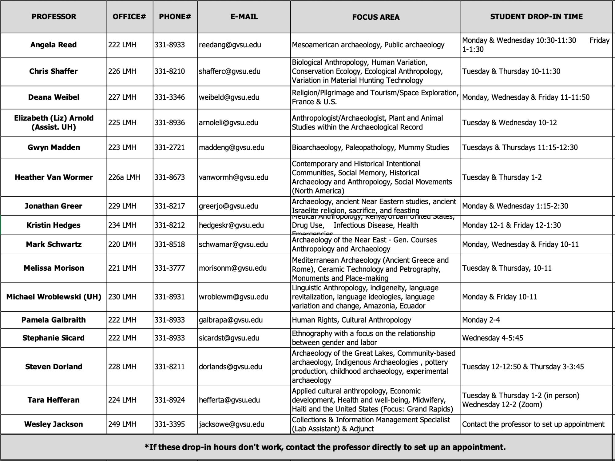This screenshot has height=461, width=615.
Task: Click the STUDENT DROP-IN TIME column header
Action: [x=536, y=17]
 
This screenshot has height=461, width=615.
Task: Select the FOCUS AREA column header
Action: [x=375, y=17]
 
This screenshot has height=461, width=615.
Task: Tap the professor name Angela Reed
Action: [x=54, y=45]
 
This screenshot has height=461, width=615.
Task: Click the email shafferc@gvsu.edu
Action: [x=229, y=71]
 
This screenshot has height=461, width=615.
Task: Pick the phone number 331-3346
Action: [x=169, y=97]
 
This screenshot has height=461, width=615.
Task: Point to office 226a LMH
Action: [x=124, y=177]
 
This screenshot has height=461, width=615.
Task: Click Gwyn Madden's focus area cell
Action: [x=370, y=148]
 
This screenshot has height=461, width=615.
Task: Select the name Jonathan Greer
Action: [x=54, y=206]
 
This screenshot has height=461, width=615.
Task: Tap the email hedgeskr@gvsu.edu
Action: [x=231, y=225]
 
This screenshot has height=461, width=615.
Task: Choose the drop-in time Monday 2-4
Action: [x=481, y=320]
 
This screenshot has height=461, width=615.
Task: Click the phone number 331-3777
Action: [x=169, y=268]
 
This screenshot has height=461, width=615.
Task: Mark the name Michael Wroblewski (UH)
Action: [x=54, y=297]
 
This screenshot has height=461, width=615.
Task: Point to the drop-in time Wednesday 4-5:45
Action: [x=492, y=338]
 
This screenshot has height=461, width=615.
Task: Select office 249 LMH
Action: [x=122, y=424]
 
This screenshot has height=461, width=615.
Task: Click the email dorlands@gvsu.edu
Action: [x=230, y=367]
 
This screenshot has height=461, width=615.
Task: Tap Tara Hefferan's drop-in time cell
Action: [x=520, y=400]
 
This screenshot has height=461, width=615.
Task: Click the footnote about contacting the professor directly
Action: [x=325, y=447]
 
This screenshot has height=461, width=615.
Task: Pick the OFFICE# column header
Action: [x=129, y=17]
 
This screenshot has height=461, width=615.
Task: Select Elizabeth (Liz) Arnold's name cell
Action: [x=54, y=123]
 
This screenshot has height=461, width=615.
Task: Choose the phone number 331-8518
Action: [x=169, y=244]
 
